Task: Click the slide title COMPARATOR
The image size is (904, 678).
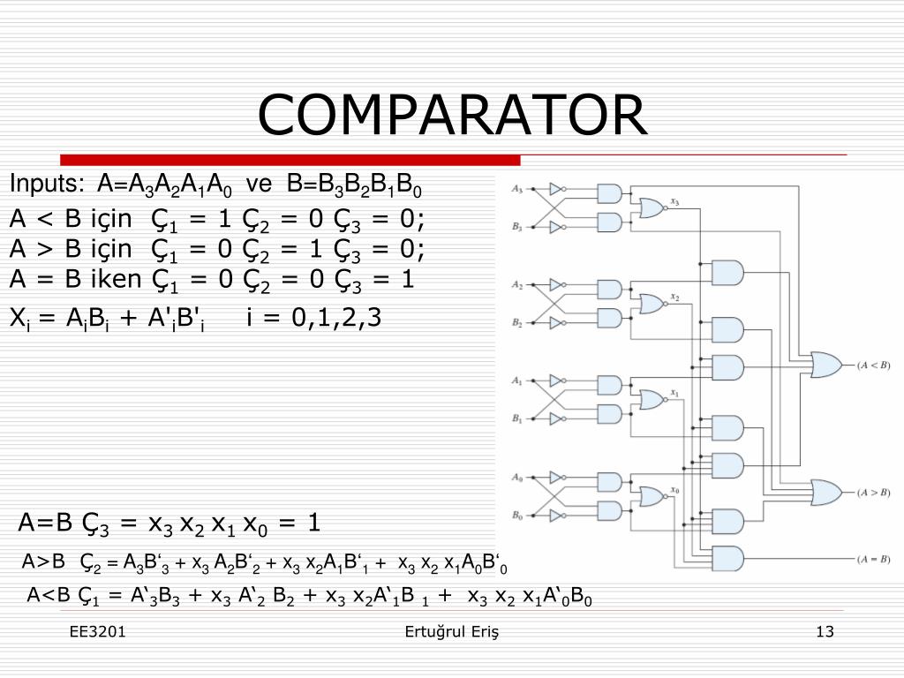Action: pos(452,115)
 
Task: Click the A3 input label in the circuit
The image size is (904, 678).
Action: pos(517,190)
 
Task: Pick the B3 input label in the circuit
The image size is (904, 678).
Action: pos(517,228)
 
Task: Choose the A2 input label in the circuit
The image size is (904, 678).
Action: pos(517,285)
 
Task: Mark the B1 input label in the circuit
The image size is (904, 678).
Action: pos(517,418)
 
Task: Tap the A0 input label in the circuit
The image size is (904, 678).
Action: pos(517,478)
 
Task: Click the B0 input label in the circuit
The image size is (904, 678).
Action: pos(517,516)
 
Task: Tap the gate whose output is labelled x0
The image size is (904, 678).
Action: pos(652,496)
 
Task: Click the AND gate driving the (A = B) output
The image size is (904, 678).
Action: pos(727,559)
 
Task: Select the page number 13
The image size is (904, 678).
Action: pos(825,631)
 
